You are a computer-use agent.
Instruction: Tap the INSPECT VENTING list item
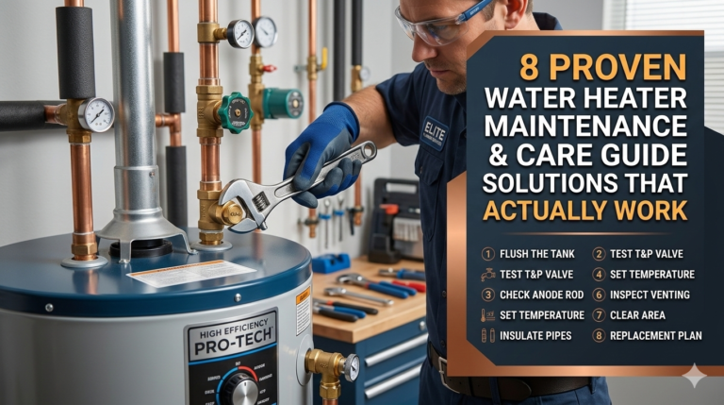pos(650,295)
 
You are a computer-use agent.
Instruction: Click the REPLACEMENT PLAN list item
pos(655,335)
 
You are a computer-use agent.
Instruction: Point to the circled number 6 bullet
pos(598,295)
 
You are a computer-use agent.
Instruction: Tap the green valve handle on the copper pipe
pos(235,112)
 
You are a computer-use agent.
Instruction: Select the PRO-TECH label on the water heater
pos(231,346)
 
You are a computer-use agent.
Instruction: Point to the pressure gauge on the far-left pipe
pos(96,115)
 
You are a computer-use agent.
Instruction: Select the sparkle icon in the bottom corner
pos(695,376)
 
